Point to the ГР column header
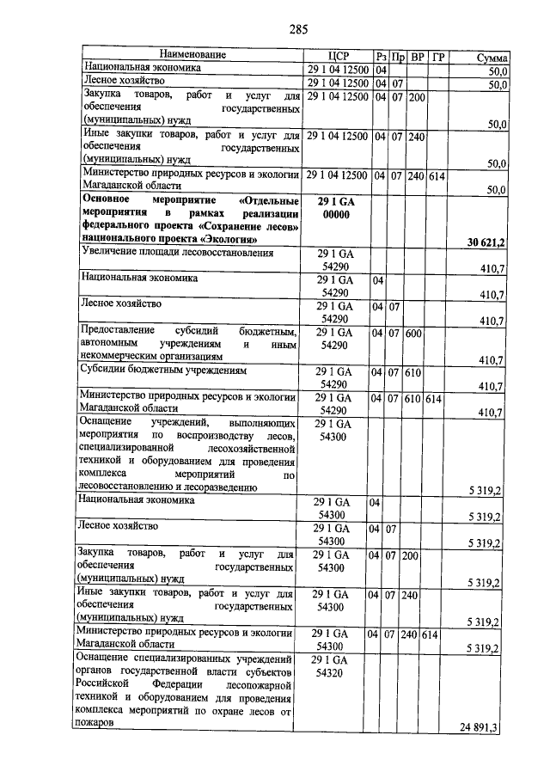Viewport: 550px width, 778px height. pyautogui.click(x=438, y=56)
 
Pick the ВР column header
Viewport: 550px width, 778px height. pyautogui.click(x=418, y=56)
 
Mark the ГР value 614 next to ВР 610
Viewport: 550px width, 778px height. pyautogui.click(x=434, y=400)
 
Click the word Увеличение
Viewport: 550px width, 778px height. pyautogui.click(x=113, y=253)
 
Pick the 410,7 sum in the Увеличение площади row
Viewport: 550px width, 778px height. pyautogui.click(x=490, y=269)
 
